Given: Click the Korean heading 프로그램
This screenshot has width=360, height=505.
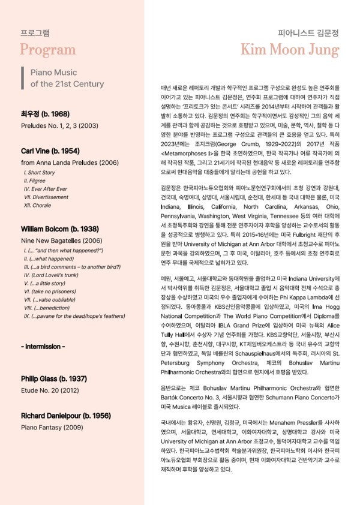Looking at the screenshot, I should (x=35, y=32).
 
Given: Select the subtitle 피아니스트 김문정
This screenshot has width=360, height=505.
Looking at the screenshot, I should (x=308, y=33).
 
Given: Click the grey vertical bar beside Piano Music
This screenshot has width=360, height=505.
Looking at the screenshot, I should (x=22, y=79).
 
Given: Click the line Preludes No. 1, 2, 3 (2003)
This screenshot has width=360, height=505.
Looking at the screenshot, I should (x=59, y=126).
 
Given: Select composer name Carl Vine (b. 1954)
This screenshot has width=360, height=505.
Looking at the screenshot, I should (x=50, y=151).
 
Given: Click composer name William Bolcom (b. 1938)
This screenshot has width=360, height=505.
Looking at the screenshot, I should (x=60, y=229).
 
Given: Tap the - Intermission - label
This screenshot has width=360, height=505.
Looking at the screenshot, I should (x=43, y=347).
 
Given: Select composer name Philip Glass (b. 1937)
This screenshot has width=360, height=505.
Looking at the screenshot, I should (x=53, y=379).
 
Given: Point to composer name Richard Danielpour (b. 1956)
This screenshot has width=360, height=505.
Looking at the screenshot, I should (x=65, y=416).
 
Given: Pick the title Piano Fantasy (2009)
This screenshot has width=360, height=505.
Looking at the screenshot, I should (x=52, y=428).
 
